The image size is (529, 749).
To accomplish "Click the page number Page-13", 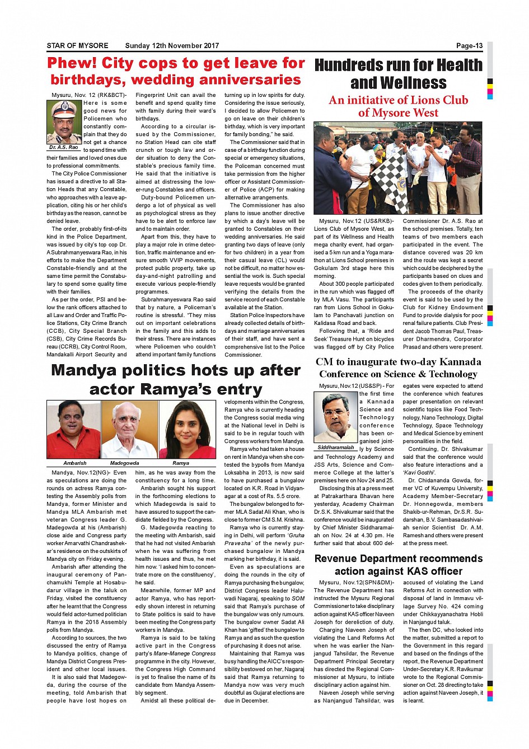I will (469, 46).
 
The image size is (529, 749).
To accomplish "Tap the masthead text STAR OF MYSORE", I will (77, 46).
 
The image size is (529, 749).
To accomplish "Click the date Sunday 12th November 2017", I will (172, 46).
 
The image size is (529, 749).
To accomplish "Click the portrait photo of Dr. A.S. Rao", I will (64, 122).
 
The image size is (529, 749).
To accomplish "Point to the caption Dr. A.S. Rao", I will (64, 147).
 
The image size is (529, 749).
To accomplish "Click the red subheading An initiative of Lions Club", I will (398, 100).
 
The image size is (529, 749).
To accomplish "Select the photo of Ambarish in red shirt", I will (73, 430).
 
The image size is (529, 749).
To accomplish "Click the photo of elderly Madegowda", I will (129, 430).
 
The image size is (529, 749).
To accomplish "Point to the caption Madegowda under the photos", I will (124, 463).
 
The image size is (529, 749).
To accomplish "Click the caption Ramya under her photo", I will (180, 463).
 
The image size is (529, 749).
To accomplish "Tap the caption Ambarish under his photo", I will (74, 463).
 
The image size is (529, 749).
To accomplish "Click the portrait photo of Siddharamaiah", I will (335, 417).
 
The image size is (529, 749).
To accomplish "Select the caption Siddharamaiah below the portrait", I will (335, 448).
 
